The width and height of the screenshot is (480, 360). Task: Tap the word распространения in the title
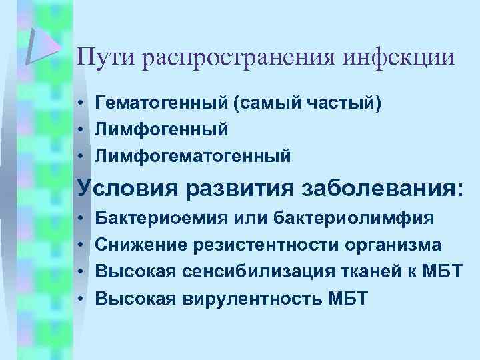[x=238, y=57]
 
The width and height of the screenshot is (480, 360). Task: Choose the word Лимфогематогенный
[x=184, y=156]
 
